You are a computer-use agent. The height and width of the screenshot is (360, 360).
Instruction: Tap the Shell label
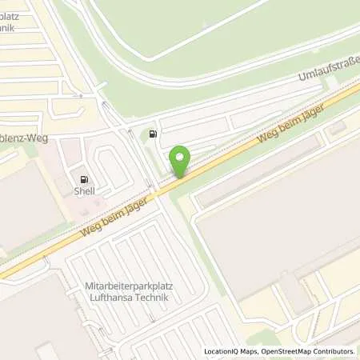click(84, 191)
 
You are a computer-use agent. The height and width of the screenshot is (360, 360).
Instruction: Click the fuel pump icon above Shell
click(84, 178)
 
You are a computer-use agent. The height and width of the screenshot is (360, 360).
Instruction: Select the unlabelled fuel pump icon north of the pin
click(152, 134)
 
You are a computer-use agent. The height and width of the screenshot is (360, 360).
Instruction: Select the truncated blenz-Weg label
click(24, 138)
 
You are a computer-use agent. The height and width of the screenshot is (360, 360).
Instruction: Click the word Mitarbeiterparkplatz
click(130, 285)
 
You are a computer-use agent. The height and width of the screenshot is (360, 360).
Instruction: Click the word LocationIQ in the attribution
click(221, 351)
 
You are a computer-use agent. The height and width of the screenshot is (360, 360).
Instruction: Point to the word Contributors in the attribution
click(335, 351)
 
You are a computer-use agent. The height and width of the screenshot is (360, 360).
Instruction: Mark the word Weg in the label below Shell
click(90, 230)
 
